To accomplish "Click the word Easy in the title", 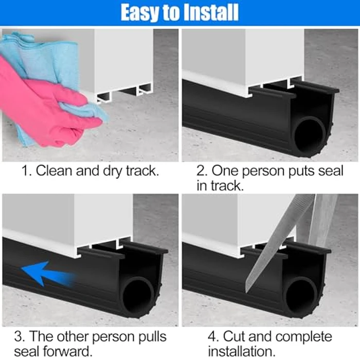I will click(139, 13).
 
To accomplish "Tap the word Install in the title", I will click(210, 13).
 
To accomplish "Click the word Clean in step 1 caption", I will click(54, 171).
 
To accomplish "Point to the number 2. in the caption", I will click(202, 171).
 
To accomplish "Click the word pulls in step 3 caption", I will click(149, 337).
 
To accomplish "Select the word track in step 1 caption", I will click(140, 171).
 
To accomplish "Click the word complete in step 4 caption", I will click(303, 337).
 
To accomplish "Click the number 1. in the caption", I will click(26, 171).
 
